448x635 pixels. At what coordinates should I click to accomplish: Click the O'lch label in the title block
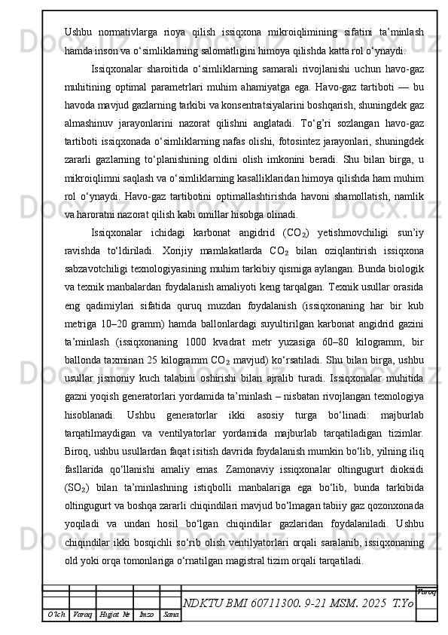coord(56,616)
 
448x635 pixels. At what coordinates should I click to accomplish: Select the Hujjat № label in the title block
coord(114,616)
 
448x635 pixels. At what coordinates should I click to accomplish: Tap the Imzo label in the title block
coord(148,616)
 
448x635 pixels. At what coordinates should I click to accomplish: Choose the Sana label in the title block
coord(172,616)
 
